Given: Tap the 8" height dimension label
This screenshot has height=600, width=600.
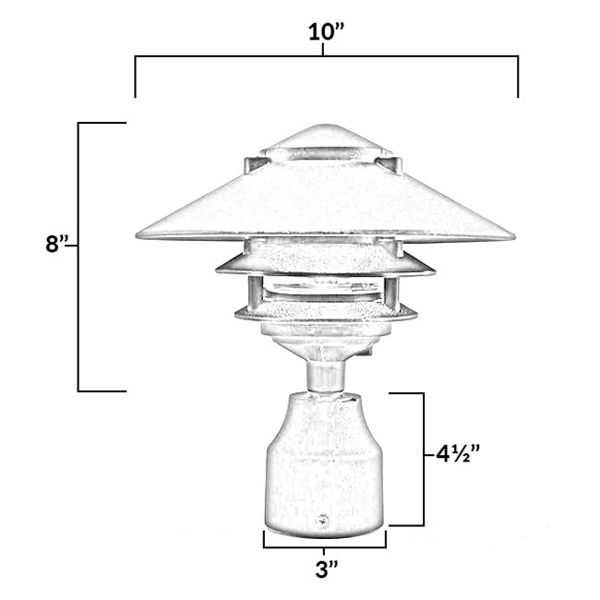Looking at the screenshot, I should (57, 246).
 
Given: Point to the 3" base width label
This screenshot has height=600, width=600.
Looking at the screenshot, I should (323, 570).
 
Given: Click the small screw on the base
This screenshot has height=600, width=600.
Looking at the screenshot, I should (323, 522).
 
